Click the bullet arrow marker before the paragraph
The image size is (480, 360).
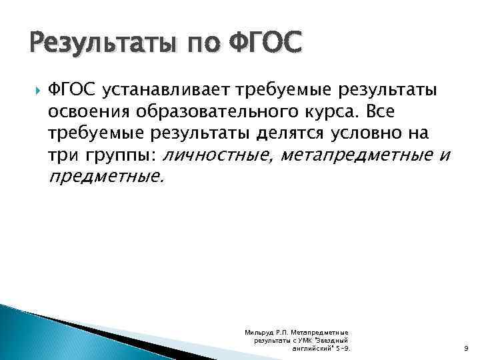coord(34,90)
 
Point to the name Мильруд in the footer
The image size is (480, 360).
coord(257,332)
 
